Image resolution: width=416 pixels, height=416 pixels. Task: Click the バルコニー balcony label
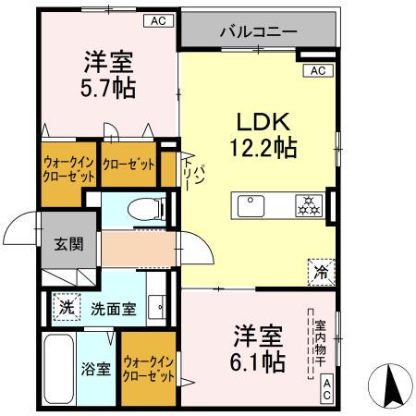258,32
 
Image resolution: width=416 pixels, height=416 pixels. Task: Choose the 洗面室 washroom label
113,309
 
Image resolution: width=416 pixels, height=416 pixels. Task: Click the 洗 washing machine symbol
65,307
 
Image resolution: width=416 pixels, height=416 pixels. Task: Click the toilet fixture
143,209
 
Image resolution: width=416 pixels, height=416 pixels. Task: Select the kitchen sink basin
251,205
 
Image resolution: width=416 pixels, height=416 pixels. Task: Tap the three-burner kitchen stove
307,205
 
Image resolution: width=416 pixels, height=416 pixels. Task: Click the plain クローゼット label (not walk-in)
128,165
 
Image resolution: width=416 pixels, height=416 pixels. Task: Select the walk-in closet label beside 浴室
149,370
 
